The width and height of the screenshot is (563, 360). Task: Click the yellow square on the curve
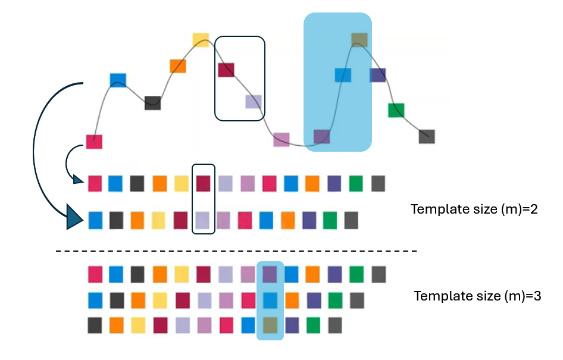point(201,40)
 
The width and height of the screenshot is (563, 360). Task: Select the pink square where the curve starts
point(94,142)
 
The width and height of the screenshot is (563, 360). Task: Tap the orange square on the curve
point(178,65)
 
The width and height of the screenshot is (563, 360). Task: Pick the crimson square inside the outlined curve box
point(226,70)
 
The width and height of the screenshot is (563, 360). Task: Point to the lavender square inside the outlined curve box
point(254,101)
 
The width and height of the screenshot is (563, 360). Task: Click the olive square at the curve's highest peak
point(359,40)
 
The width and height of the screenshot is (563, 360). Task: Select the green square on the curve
point(396,110)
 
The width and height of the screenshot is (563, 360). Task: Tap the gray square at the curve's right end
point(427,136)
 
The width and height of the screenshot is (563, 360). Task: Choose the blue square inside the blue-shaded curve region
point(343,75)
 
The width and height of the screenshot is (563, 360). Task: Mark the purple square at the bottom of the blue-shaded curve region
point(322,136)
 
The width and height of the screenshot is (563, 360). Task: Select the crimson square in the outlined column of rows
point(204,183)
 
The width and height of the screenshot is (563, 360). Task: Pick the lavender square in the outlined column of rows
point(204,220)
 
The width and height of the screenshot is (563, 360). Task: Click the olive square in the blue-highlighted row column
point(270,325)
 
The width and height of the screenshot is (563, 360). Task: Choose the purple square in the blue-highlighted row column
point(270,274)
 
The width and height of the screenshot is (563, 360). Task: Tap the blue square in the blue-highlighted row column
point(270,299)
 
